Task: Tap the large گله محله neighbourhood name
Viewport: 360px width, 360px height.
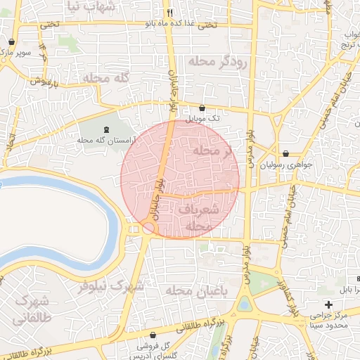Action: click(105, 77)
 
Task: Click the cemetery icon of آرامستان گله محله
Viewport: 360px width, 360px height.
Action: click(106, 129)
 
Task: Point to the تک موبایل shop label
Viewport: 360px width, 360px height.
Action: click(202, 119)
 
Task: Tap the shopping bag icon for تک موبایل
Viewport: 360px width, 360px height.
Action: click(202, 108)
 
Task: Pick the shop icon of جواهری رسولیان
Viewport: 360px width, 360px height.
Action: click(285, 153)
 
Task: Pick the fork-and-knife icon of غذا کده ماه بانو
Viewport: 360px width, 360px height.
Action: click(169, 13)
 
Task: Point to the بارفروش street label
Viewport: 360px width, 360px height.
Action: click(45, 80)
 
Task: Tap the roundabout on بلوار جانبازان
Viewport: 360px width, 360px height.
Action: click(148, 229)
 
